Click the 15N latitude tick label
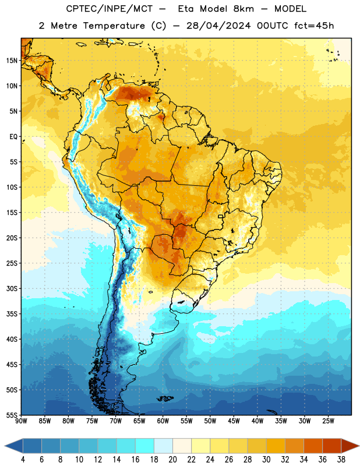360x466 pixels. click(12, 61)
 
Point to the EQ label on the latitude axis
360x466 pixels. click(13, 137)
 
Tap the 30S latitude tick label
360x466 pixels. click(12, 288)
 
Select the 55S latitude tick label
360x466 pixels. click(12, 415)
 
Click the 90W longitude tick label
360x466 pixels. click(21, 421)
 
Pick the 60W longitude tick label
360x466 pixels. click(163, 421)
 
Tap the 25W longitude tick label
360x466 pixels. click(328, 421)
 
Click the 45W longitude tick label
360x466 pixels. click(234, 421)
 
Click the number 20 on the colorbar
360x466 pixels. click(172, 460)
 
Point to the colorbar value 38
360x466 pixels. click(341, 460)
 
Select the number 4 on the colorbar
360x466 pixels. click(23, 460)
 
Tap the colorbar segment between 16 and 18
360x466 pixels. click(145, 446)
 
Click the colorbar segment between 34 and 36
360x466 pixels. click(313, 446)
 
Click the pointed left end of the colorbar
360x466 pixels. click(5, 446)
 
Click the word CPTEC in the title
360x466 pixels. click(78, 9)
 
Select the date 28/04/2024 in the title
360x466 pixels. click(218, 26)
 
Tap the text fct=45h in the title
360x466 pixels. click(314, 26)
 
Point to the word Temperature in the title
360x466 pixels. click(114, 26)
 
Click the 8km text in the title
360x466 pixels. click(243, 9)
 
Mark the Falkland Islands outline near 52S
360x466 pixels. click(165, 398)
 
